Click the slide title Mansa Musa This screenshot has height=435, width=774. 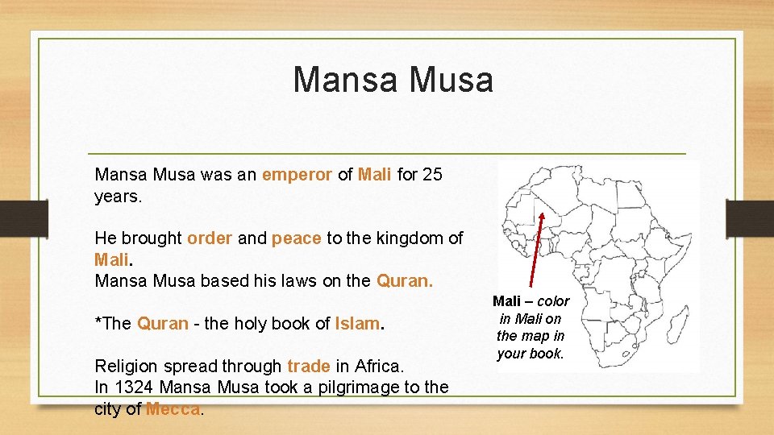(393, 80)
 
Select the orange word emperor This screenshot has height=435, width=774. (297, 175)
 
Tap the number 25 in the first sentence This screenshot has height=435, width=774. (432, 175)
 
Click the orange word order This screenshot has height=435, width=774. (210, 238)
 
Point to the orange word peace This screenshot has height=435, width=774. (296, 238)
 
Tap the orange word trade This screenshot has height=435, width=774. (308, 366)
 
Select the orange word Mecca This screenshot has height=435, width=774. (172, 408)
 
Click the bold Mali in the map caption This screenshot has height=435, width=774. (507, 301)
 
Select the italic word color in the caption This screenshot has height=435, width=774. (553, 301)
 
